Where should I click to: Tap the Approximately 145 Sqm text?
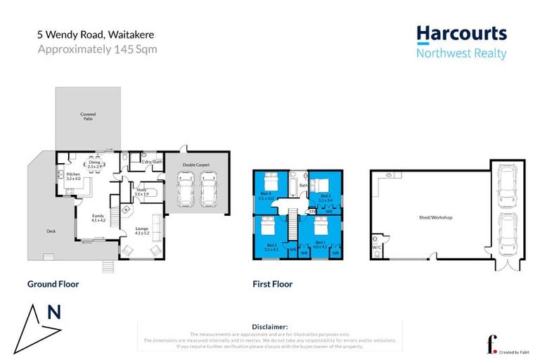97,49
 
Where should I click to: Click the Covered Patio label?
88,117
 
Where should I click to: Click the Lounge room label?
143,231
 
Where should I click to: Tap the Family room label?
98,218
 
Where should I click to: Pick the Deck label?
51,231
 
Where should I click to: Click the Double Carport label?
196,165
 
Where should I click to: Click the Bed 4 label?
265,195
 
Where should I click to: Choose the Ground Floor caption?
53,285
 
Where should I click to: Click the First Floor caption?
272,285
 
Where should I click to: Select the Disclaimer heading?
269,327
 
